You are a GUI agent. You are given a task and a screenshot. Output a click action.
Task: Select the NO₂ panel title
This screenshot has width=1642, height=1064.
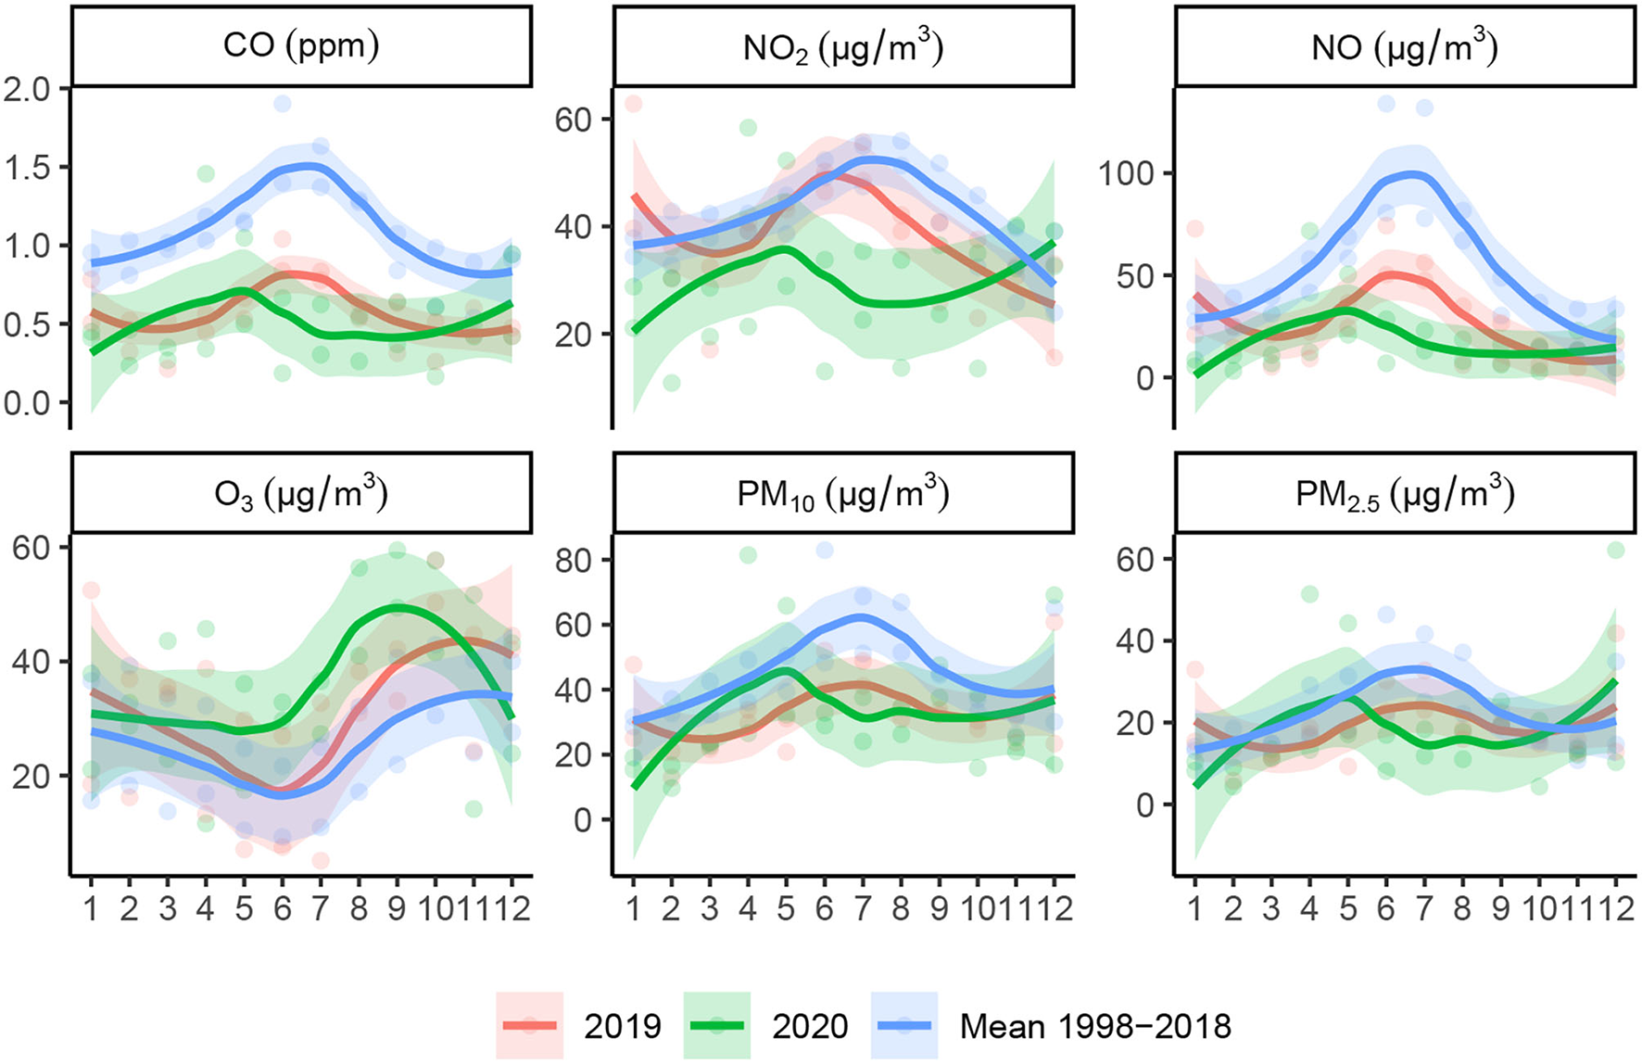[843, 47]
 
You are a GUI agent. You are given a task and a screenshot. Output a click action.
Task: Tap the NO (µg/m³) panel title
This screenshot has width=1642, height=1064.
[1404, 46]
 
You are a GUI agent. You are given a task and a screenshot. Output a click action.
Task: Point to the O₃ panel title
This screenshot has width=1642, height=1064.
[301, 493]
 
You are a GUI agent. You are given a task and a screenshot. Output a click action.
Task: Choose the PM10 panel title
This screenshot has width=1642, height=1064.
[843, 493]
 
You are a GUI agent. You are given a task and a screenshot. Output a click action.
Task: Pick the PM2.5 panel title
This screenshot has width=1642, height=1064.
[1404, 493]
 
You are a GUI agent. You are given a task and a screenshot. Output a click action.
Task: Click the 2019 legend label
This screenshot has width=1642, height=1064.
[623, 1026]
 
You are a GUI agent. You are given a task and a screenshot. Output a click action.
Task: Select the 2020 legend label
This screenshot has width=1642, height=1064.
[810, 1026]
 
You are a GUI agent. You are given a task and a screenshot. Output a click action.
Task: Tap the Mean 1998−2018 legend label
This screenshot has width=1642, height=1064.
[1095, 1026]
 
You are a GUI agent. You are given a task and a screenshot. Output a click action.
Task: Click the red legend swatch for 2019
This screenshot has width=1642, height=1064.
[529, 1025]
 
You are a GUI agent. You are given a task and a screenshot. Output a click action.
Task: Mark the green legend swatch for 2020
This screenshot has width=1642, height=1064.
[717, 1025]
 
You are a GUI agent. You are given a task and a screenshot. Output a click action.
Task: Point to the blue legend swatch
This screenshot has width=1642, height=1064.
[904, 1025]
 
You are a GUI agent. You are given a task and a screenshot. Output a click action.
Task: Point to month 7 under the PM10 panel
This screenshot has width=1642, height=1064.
[863, 908]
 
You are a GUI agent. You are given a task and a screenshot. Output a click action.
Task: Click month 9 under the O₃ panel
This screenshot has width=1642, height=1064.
[397, 908]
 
